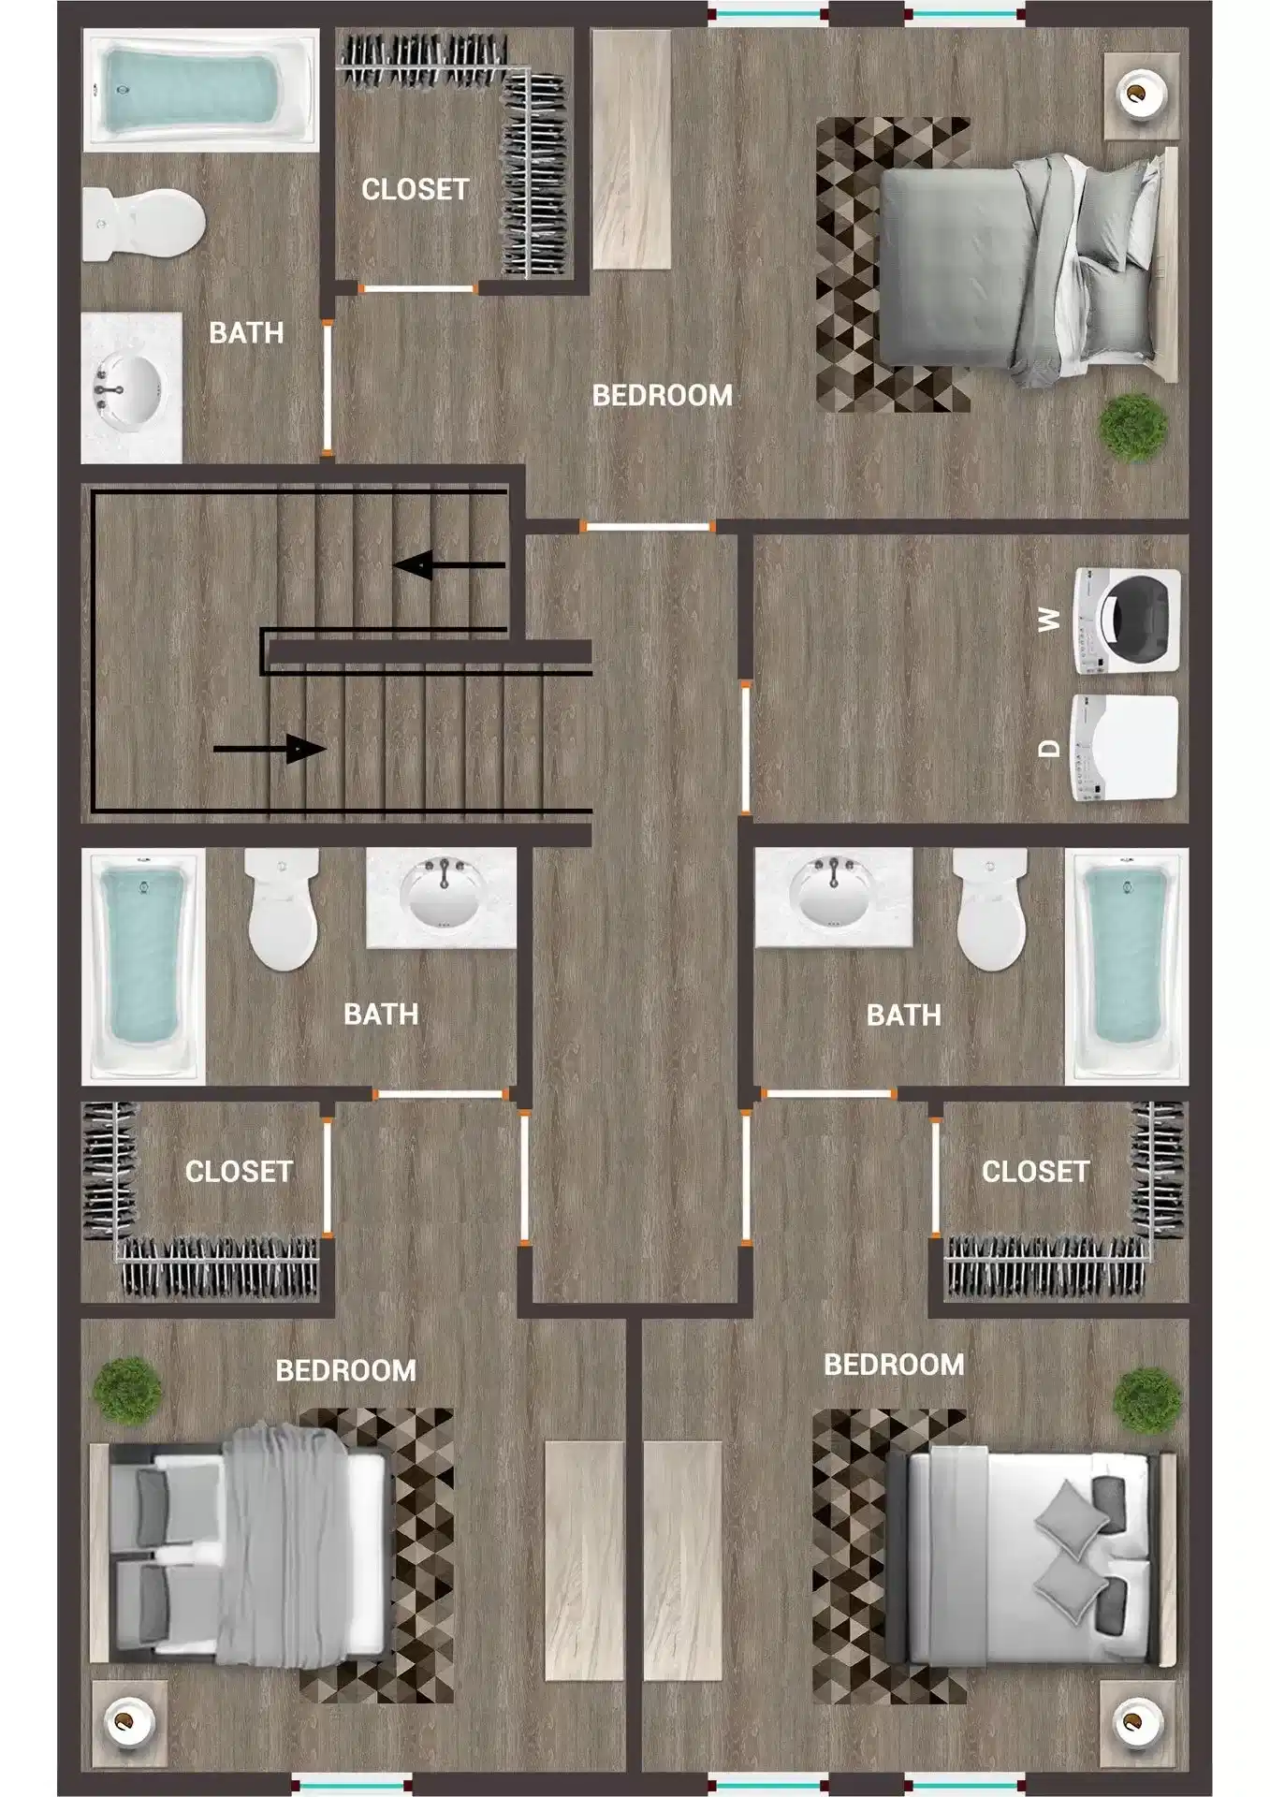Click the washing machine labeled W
click(1127, 621)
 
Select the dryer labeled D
click(1124, 748)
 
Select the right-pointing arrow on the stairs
click(270, 749)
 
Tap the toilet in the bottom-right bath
click(990, 911)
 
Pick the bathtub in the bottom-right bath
click(1126, 964)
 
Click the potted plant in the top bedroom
click(1132, 426)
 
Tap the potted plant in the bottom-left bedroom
click(127, 1391)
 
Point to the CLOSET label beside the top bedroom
click(415, 190)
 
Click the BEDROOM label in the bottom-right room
click(893, 1365)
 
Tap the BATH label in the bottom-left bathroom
click(380, 1015)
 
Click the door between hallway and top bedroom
click(648, 528)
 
